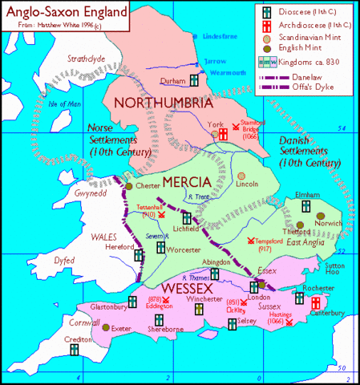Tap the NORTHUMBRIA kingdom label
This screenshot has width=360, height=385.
coord(164,103)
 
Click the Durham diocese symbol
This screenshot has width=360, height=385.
coord(193,81)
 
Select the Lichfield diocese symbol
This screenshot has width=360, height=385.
coord(187,217)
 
